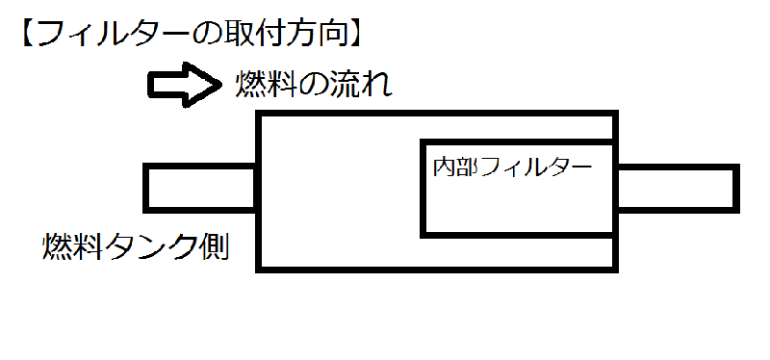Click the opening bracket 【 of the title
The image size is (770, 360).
click(x=26, y=35)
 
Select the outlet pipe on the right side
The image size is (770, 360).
click(x=678, y=187)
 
